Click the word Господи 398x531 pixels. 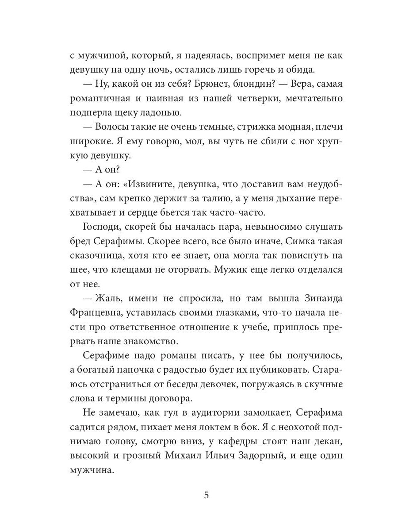101,227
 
